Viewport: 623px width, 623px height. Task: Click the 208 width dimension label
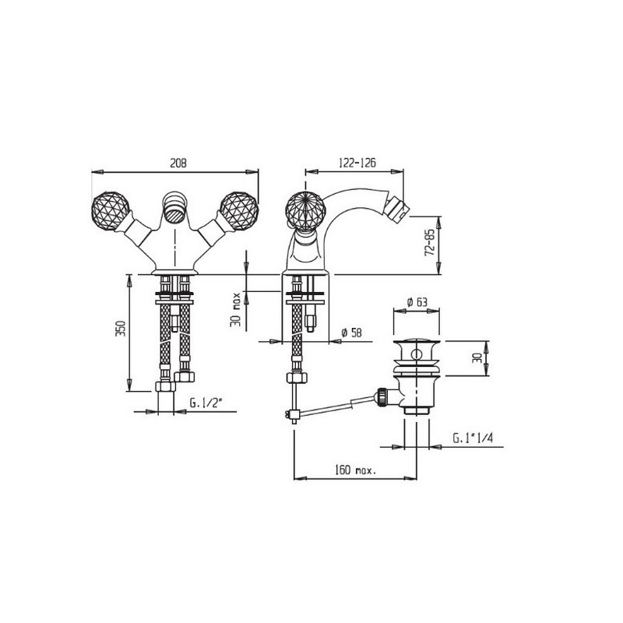(x=178, y=163)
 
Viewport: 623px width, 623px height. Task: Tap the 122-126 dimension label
(x=357, y=163)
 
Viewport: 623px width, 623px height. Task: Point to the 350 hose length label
(x=121, y=328)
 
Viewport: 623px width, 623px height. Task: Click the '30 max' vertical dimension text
(x=236, y=309)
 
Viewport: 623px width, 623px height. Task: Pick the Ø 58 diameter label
(x=352, y=333)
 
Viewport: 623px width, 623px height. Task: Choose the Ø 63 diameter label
(x=417, y=302)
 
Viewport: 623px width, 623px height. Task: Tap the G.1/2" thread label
(x=205, y=403)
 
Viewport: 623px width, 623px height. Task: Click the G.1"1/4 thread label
(x=473, y=438)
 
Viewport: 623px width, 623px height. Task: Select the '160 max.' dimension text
(x=356, y=470)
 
